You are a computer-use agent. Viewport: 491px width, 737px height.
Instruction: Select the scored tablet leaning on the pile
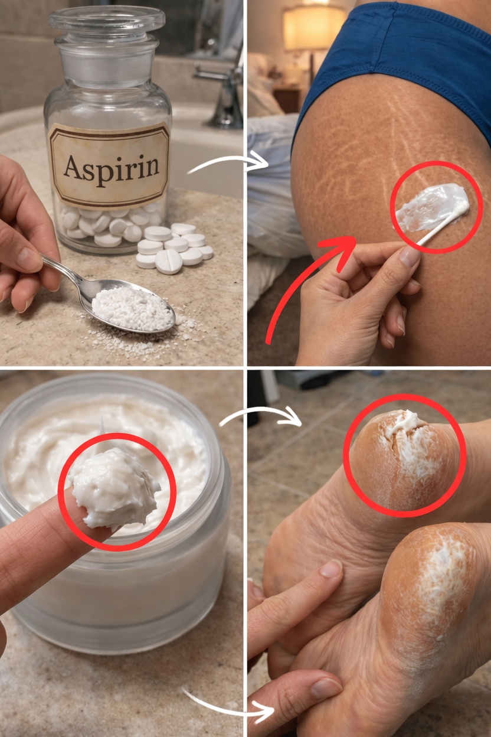click(x=168, y=262)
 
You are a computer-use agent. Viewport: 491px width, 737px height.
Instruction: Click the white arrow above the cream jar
click(x=260, y=413)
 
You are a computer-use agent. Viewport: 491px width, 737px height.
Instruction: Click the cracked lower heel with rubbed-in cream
click(x=431, y=571)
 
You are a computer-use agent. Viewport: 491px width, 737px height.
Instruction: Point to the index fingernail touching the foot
click(x=331, y=569)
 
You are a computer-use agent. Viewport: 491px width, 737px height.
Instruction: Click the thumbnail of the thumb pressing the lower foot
click(x=326, y=687)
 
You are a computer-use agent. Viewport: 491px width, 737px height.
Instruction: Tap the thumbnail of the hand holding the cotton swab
click(x=409, y=256)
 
